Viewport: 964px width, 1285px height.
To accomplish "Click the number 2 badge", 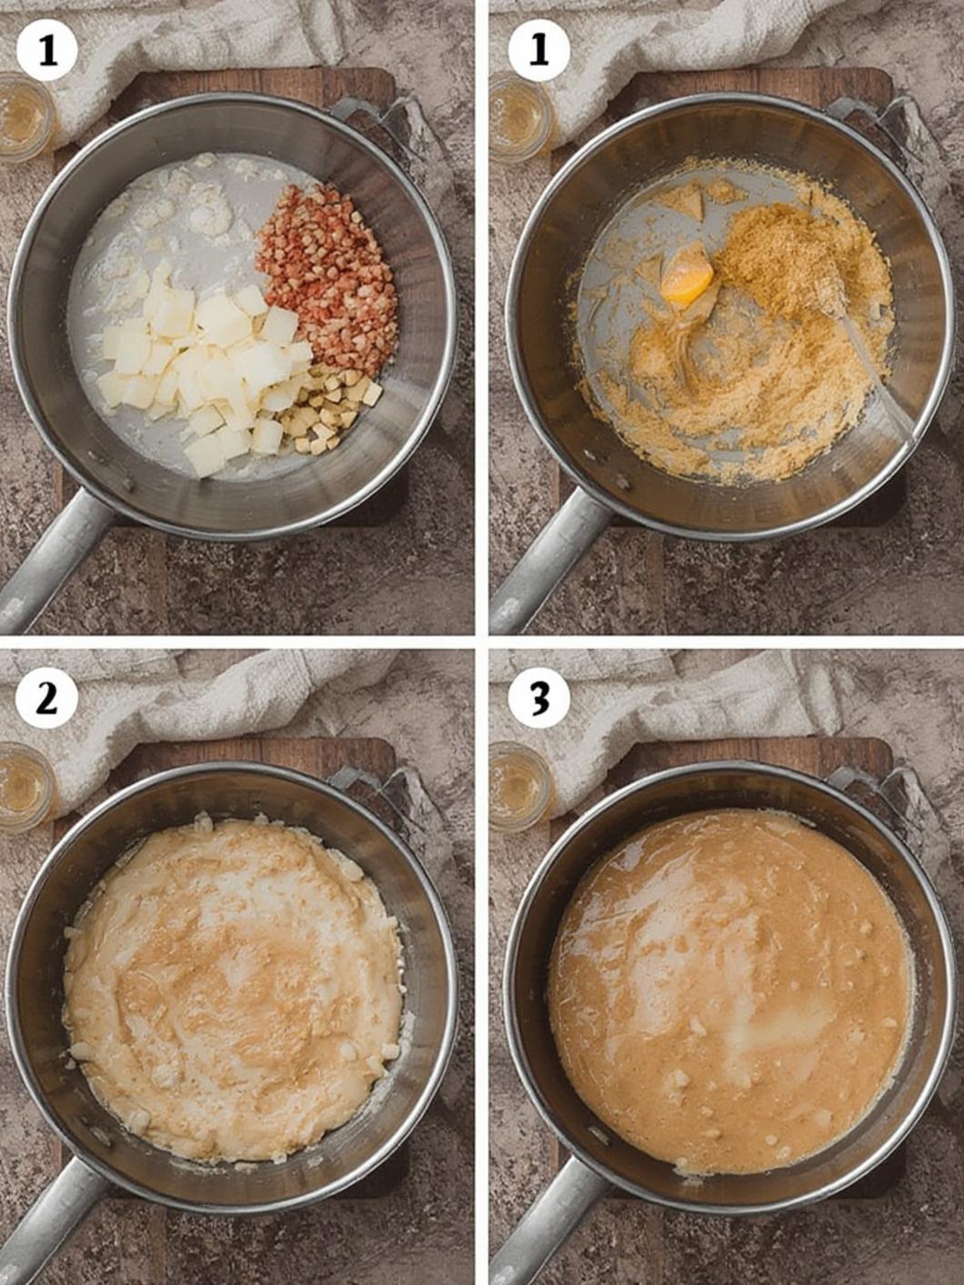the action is pos(47,700).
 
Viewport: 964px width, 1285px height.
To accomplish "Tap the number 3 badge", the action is pos(538,699).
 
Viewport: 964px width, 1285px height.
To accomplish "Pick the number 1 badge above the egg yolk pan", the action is pos(538,50).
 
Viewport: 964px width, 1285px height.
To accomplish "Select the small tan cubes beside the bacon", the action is pos(331,410).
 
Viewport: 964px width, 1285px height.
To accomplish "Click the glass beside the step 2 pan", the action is pos(24,786).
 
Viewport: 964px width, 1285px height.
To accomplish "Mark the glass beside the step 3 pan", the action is pos(518,786).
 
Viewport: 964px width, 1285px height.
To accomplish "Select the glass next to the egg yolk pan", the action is pos(518,117).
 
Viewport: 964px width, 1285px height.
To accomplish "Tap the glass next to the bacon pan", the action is pos(24,117).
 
